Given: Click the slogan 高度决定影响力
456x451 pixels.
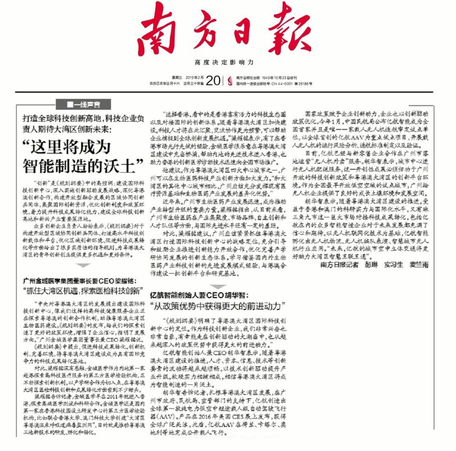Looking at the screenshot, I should pos(224,62).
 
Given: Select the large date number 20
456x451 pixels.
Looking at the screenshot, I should pos(213,81).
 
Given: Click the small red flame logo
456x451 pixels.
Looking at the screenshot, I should pos(230,81).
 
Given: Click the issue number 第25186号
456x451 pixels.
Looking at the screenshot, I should pos(304,84).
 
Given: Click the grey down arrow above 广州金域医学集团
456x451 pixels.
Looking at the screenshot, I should pos(84,265).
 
